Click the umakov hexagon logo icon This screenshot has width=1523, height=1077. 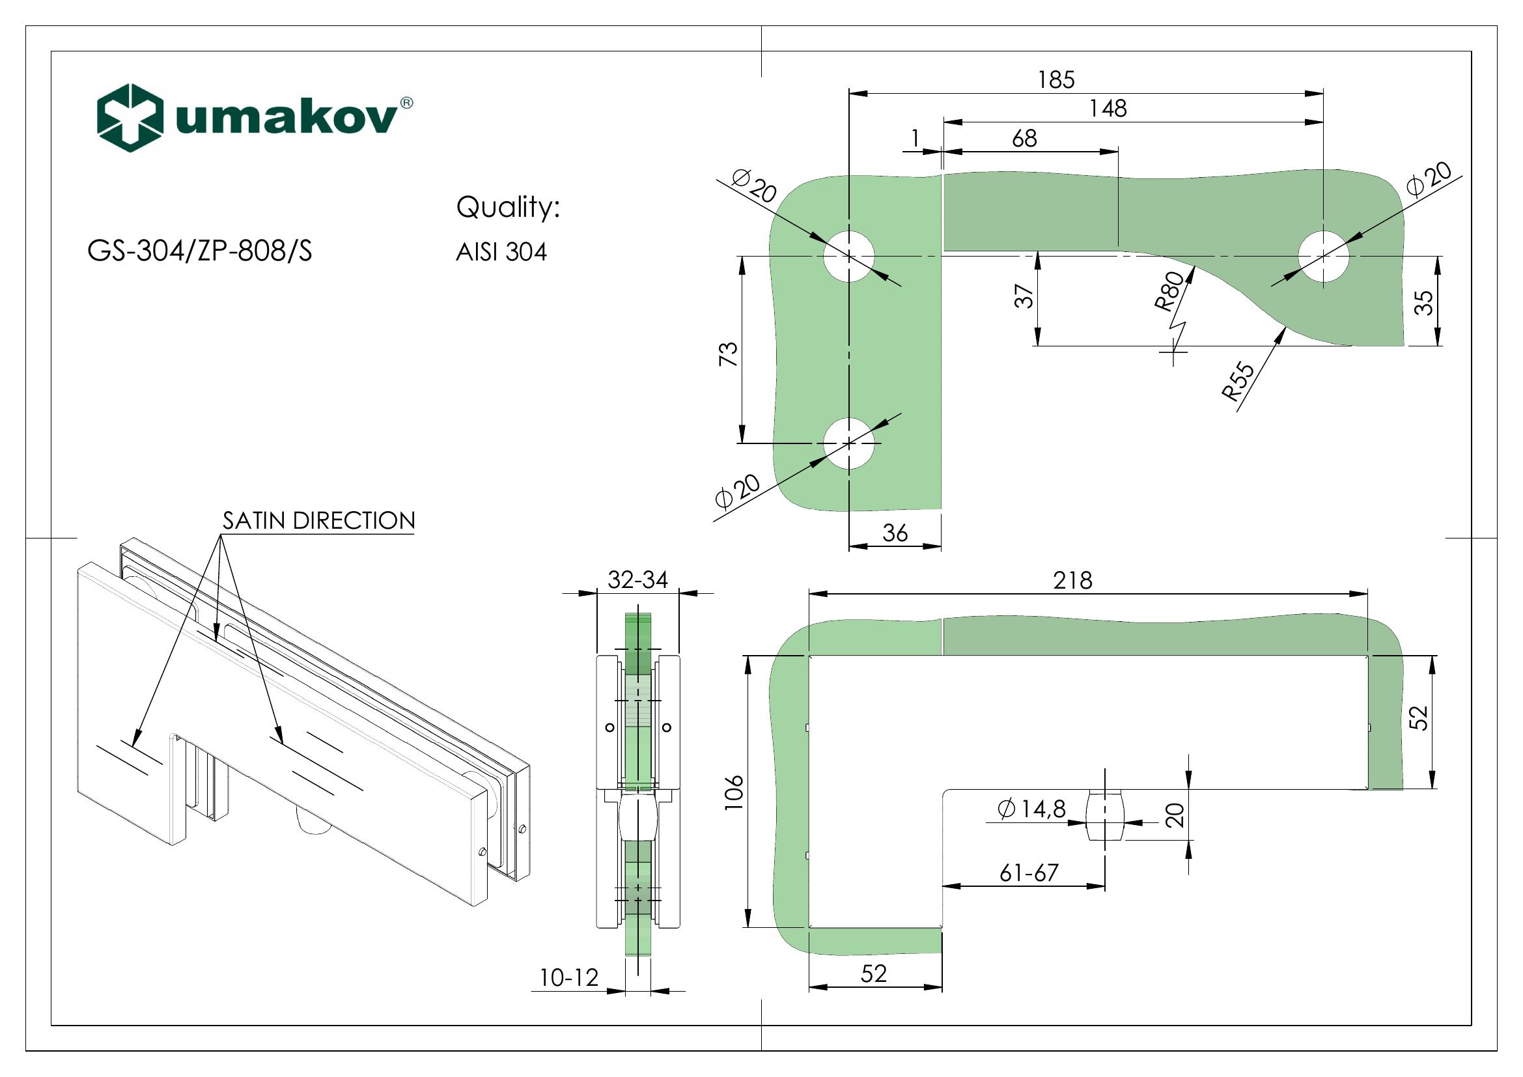(x=130, y=117)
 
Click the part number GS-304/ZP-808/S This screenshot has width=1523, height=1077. (x=199, y=251)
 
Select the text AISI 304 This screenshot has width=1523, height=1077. (x=501, y=252)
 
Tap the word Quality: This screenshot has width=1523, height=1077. (x=508, y=208)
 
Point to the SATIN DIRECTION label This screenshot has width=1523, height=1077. (x=318, y=521)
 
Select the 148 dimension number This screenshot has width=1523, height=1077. (x=1108, y=108)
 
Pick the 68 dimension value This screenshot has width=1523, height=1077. (x=1024, y=139)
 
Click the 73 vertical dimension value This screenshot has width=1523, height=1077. (x=728, y=354)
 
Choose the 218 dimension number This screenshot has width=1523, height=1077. (x=1072, y=581)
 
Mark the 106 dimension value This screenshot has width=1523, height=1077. (x=734, y=792)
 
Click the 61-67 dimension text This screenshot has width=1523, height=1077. (x=1029, y=873)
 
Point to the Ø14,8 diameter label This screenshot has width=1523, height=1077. (x=1031, y=809)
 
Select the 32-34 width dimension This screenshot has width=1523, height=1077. (x=637, y=580)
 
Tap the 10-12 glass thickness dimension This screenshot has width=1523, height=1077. (x=569, y=977)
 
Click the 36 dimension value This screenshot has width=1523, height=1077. (x=895, y=533)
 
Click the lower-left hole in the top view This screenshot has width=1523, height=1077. (x=849, y=443)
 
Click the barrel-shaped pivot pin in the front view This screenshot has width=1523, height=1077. (x=1104, y=815)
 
